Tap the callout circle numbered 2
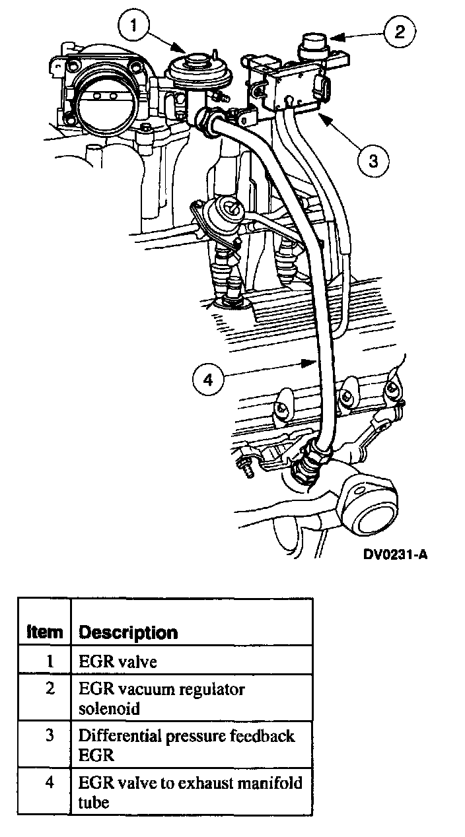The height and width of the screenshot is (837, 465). [x=400, y=32]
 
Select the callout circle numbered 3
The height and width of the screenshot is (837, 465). [x=373, y=160]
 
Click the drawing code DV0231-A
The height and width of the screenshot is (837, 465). [x=394, y=554]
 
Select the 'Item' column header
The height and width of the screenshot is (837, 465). [x=45, y=632]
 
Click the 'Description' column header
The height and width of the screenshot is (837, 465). [x=128, y=632]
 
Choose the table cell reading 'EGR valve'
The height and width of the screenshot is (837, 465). [x=118, y=661]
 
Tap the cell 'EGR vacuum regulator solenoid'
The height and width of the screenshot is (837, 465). [x=162, y=698]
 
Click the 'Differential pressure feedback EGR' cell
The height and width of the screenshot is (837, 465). [x=186, y=745]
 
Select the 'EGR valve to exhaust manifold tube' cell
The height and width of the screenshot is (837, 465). [x=190, y=792]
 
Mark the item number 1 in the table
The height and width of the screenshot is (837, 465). [x=50, y=660]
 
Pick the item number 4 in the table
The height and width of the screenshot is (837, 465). [x=50, y=783]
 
